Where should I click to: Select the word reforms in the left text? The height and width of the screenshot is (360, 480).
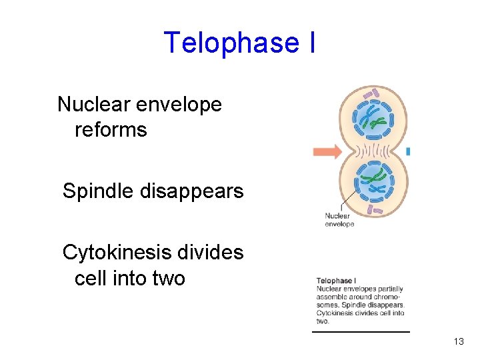point(111,129)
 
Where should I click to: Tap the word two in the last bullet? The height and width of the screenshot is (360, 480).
point(167,277)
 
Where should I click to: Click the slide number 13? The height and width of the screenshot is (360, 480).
point(458,341)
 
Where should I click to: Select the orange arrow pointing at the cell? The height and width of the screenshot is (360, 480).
point(327,151)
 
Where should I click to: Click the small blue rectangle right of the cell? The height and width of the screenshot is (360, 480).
point(407,152)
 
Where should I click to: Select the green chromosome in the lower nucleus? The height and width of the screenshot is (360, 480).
point(375,178)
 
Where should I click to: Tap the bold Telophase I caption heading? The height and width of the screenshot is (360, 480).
point(336,281)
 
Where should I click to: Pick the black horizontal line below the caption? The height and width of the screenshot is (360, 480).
point(361,331)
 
